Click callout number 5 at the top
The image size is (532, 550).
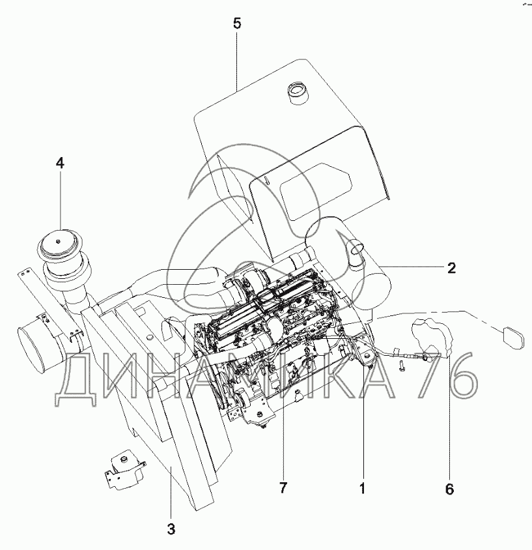237,24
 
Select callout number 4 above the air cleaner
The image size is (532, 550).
61,164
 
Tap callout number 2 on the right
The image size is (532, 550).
451,268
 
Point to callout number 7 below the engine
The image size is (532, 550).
283,487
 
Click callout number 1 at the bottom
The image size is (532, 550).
363,488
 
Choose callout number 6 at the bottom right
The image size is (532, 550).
449,489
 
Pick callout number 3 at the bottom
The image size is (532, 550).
171,529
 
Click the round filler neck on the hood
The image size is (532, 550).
297,93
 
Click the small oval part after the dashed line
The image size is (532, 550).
512,337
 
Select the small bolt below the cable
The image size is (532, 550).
402,366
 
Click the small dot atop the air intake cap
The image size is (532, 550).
58,241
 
